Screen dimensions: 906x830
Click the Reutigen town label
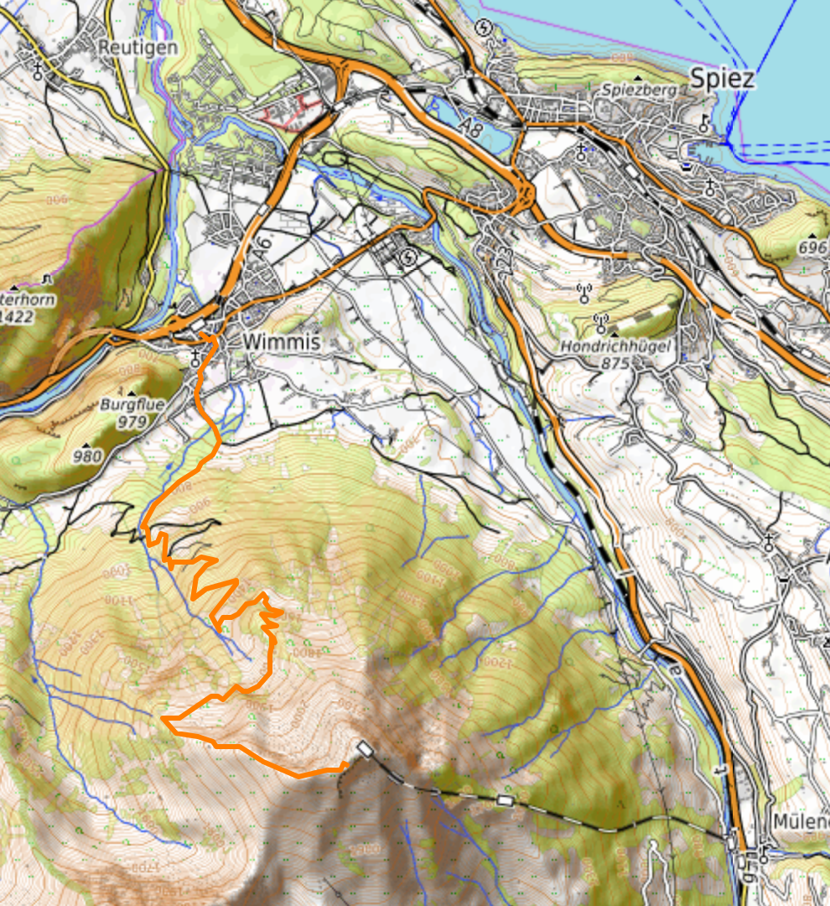tap(137, 47)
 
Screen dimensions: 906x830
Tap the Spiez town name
tap(722, 78)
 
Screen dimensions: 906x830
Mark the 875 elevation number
tap(615, 363)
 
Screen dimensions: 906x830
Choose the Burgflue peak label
tap(132, 404)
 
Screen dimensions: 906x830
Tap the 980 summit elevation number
tap(87, 456)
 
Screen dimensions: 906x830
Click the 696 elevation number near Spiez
tap(812, 247)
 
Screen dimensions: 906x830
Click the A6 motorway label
tap(262, 250)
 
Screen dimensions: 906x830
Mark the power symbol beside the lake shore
tap(483, 28)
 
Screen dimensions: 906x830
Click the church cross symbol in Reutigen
tap(39, 70)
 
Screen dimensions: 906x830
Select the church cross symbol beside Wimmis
tap(195, 357)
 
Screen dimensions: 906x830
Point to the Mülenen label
tap(801, 820)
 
